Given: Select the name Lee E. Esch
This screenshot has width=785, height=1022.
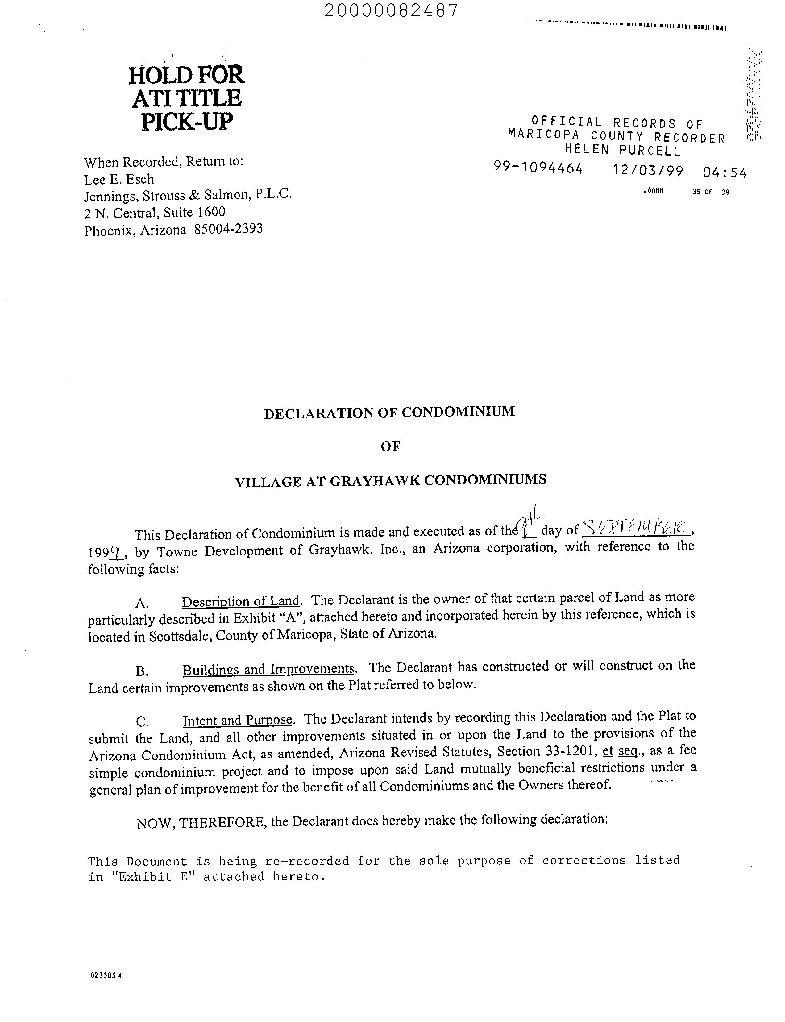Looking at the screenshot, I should (x=119, y=180).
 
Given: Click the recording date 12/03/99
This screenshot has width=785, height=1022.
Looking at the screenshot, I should (x=648, y=170).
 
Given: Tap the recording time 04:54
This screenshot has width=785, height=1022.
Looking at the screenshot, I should (x=725, y=173).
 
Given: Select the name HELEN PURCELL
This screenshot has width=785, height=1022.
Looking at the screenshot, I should (x=623, y=150).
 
